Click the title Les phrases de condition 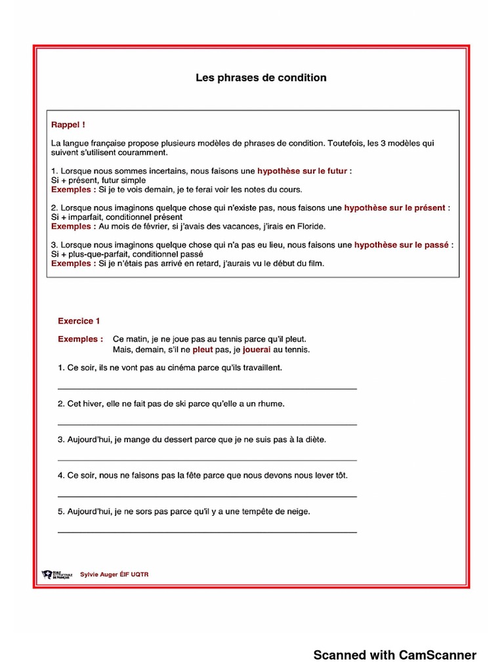[261, 78]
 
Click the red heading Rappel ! [68, 124]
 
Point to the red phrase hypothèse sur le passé [402, 245]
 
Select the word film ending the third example [315, 264]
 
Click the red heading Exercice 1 [79, 322]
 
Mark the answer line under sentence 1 [207, 388]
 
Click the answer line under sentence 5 [207, 532]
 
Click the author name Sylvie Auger [98, 574]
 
